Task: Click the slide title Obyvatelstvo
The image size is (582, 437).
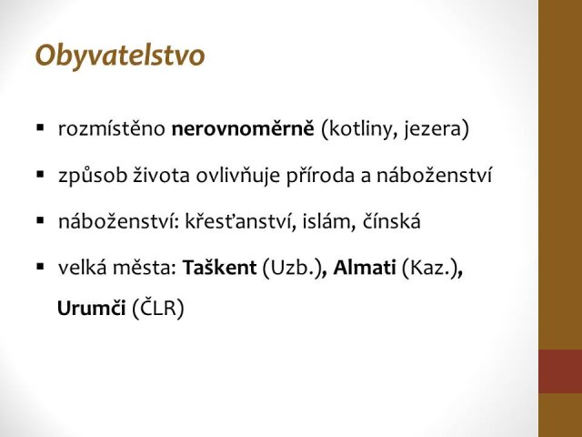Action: pyautogui.click(x=120, y=56)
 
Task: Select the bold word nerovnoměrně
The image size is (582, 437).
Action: pyautogui.click(x=243, y=128)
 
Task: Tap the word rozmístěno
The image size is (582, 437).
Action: pyautogui.click(x=112, y=128)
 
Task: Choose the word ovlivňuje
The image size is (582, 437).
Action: pyautogui.click(x=238, y=176)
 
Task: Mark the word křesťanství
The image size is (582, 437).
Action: pyautogui.click(x=240, y=222)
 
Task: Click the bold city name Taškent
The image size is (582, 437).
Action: pyautogui.click(x=219, y=268)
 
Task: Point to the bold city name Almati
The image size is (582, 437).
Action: pyautogui.click(x=365, y=268)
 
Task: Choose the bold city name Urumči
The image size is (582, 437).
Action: pyautogui.click(x=91, y=309)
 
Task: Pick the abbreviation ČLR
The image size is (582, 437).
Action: pyautogui.click(x=158, y=308)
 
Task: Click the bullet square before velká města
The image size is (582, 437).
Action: pyautogui.click(x=40, y=267)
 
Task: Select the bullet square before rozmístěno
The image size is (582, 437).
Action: pyautogui.click(x=40, y=128)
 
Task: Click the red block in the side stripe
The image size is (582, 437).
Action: pyautogui.click(x=560, y=371)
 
